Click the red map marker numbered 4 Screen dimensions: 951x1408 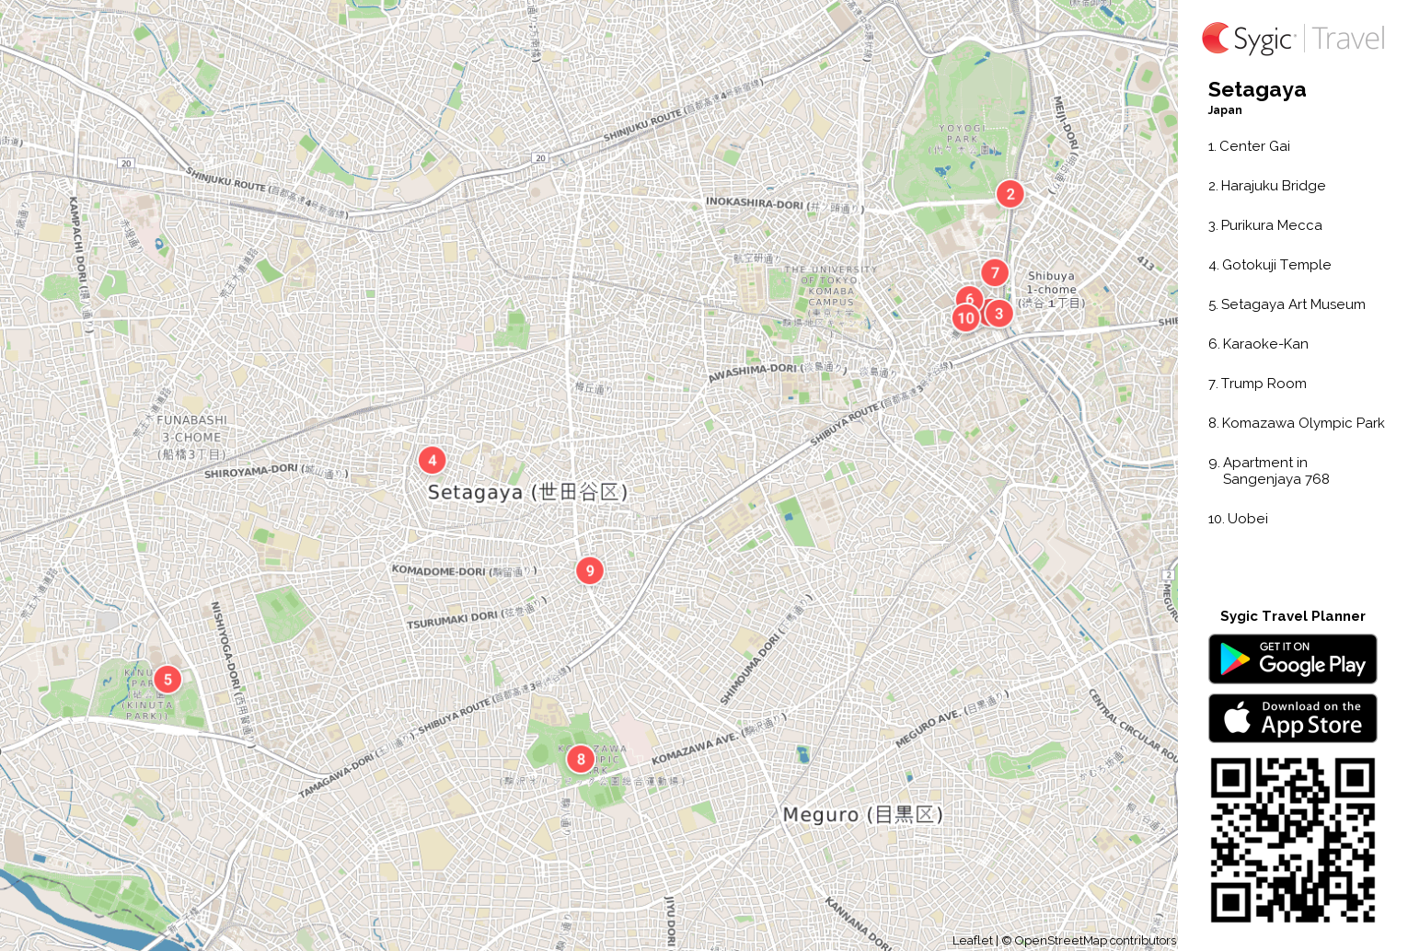point(432,460)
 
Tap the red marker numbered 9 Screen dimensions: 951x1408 point(590,570)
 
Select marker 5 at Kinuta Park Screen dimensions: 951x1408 point(167,680)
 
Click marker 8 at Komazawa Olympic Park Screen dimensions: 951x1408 point(580,759)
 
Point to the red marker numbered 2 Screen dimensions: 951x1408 point(1010,193)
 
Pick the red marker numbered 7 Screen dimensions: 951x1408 point(994,272)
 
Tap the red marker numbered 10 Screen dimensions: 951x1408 point(964,318)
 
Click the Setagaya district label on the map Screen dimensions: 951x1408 point(527,492)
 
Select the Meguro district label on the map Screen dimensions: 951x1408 point(862,814)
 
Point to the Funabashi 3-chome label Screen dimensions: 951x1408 point(191,437)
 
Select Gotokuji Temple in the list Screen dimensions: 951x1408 point(1275,265)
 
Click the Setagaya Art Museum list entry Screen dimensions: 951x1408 point(1292,304)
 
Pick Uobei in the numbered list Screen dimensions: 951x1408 point(1247,519)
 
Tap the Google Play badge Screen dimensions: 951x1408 point(1292,659)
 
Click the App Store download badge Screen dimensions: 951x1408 point(1292,718)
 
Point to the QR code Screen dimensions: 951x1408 point(1292,840)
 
